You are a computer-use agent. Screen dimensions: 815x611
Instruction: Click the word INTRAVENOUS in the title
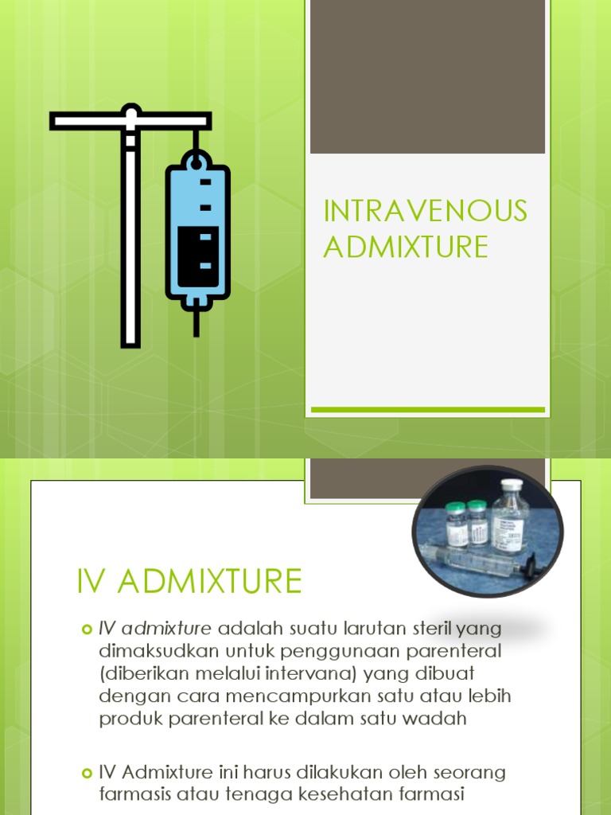pos(425,212)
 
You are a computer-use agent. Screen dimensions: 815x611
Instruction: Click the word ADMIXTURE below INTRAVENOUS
pos(406,248)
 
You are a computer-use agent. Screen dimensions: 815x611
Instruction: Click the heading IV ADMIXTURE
pos(189,582)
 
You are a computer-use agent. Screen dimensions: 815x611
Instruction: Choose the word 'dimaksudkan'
pos(153,651)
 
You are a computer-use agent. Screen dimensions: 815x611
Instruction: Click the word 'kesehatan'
pos(354,794)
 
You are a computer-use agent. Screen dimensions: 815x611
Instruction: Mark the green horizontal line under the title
pos(427,410)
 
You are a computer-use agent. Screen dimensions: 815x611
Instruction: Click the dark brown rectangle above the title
pos(427,76)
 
